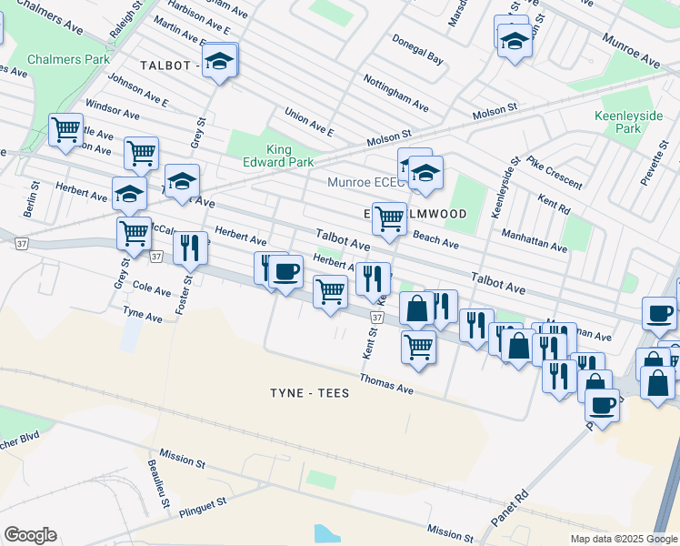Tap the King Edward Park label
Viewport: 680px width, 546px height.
289,157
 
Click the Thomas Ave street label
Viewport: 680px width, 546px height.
386,382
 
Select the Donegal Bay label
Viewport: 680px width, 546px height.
417,49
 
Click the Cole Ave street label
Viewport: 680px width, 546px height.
152,290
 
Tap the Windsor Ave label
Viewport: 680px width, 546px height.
113,112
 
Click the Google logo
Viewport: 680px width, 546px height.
30,535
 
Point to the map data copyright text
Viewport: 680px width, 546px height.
623,539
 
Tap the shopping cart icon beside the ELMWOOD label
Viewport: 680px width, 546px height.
389,219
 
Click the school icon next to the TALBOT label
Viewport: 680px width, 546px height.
218,61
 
